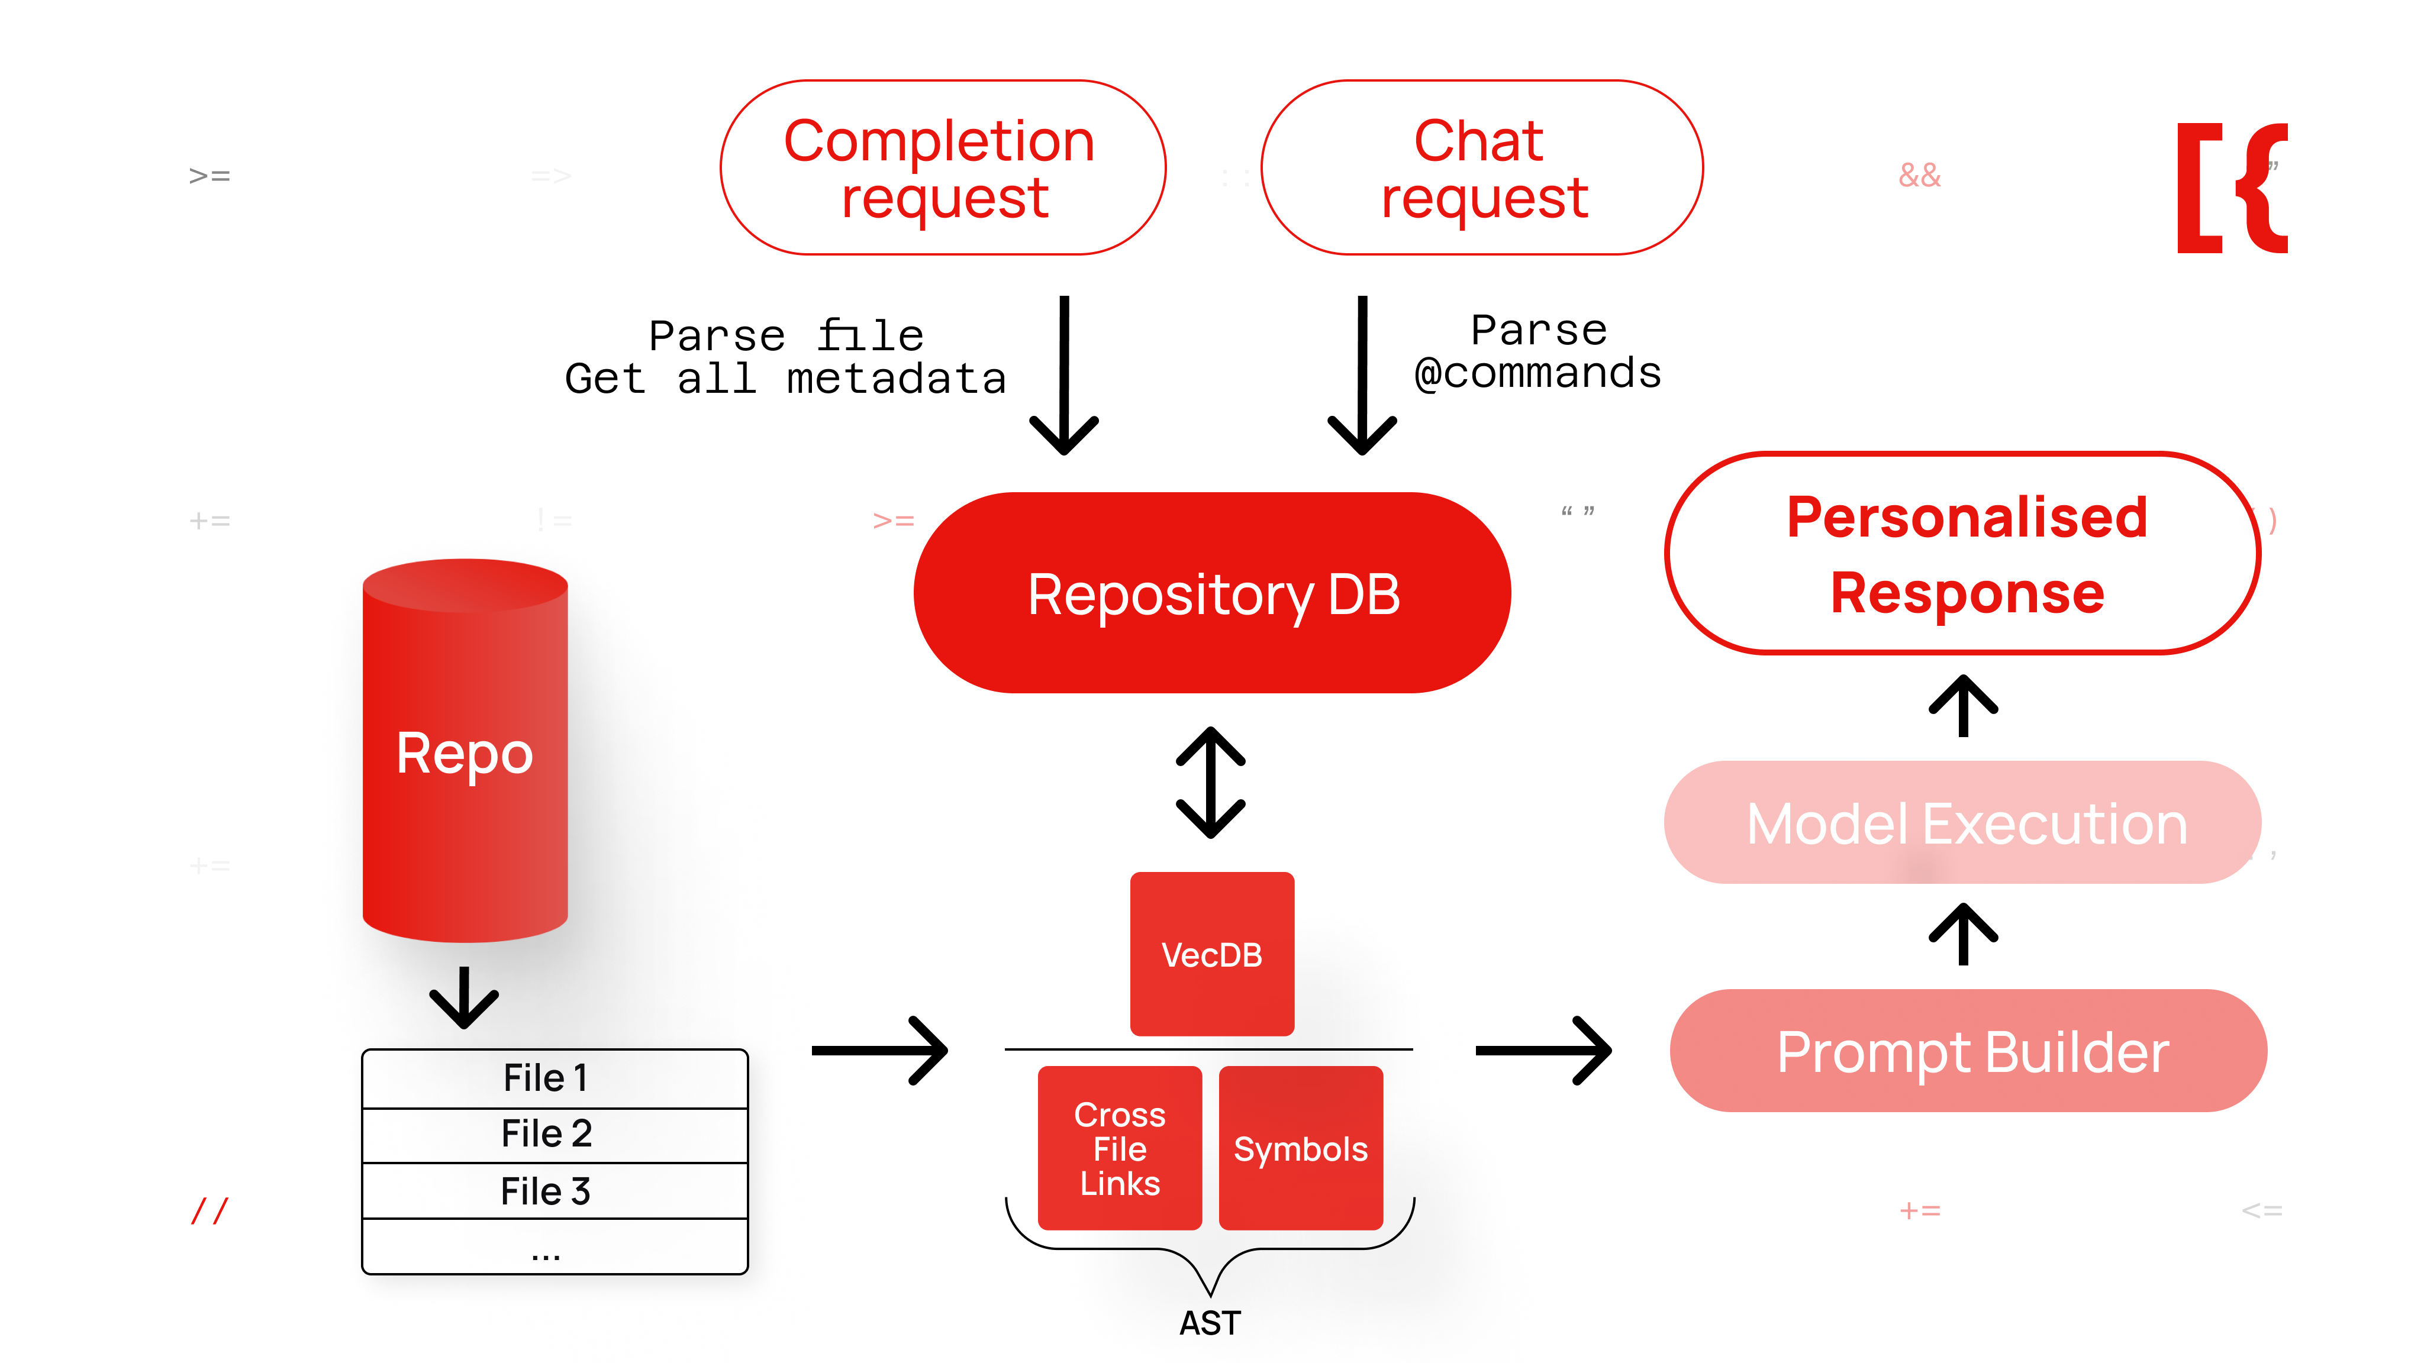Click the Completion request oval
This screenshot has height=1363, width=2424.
(942, 167)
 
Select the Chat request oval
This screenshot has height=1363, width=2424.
(1482, 167)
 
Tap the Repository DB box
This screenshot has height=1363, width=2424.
(1212, 593)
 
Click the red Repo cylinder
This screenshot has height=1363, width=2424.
(465, 752)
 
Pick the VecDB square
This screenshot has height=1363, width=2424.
(1212, 954)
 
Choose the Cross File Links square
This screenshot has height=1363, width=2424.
(1120, 1148)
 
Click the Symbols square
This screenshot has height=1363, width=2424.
(1300, 1148)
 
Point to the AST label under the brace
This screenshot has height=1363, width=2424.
(1210, 1323)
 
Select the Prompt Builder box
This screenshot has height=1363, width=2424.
(1968, 1051)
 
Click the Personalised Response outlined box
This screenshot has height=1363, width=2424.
(1963, 554)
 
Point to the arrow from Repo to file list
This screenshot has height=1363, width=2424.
(464, 997)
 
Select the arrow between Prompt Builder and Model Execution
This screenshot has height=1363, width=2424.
(1963, 934)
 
